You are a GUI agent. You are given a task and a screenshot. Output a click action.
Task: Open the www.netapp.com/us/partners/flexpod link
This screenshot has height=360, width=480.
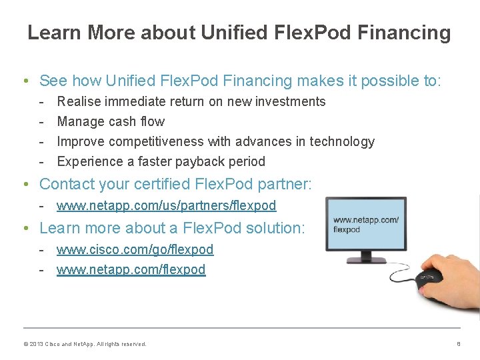[x=166, y=206]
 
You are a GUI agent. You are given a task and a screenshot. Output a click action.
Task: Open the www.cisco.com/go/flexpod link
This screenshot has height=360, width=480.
[x=135, y=249]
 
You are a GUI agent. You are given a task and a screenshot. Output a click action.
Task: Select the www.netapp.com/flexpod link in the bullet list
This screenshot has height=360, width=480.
[x=131, y=269]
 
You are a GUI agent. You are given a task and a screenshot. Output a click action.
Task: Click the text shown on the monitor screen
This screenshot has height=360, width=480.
[x=365, y=225]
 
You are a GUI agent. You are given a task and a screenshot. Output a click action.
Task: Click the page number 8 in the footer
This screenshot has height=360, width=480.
[x=459, y=344]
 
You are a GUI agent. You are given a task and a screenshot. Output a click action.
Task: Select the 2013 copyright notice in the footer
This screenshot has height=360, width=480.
[x=85, y=344]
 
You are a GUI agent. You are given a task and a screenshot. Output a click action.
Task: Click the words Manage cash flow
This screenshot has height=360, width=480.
[x=111, y=121]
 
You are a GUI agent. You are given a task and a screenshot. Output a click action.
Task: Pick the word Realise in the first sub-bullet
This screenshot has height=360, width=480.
[x=77, y=101]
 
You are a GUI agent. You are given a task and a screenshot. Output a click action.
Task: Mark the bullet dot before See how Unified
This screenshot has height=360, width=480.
[x=24, y=81]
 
